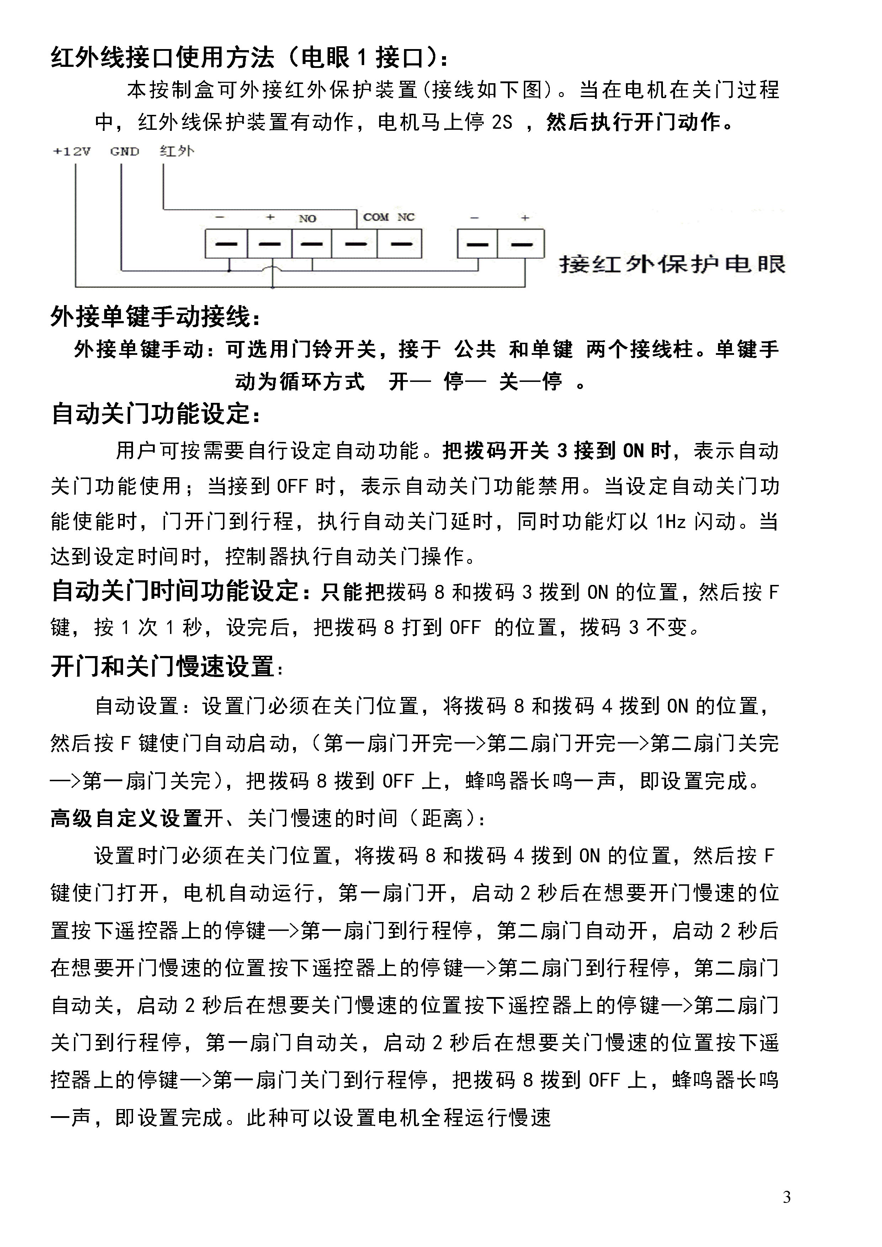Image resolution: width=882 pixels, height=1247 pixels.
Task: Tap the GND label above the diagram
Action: pos(124,151)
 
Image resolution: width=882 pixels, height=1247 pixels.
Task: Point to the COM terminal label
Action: pos(376,217)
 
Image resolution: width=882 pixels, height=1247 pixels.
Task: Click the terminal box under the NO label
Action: pos(312,244)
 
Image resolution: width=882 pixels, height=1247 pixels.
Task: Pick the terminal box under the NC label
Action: pos(400,244)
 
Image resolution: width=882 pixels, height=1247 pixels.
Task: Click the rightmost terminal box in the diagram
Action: pos(521,244)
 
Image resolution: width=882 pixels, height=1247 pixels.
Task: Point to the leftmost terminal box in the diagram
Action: pos(226,244)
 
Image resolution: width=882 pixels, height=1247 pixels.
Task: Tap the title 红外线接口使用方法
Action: pos(163,58)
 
